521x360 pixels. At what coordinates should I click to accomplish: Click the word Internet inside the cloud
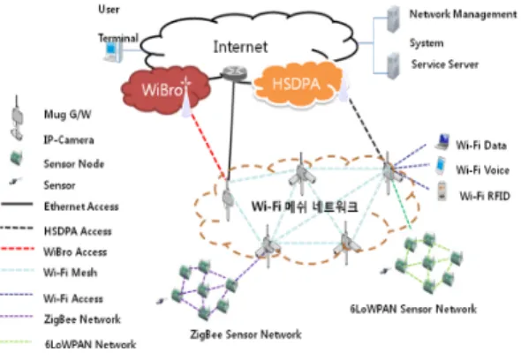(240, 47)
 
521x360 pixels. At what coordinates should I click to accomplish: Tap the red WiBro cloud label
(162, 90)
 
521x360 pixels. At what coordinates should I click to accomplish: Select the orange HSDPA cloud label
(296, 84)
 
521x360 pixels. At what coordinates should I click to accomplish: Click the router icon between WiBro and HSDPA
(234, 72)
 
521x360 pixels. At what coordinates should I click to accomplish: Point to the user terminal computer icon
(113, 53)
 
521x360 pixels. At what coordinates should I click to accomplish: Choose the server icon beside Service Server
(394, 66)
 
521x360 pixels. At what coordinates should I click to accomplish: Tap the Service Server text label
(445, 64)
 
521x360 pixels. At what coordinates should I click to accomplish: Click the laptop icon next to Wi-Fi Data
(442, 142)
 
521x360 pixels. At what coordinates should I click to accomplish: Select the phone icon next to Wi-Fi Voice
(441, 165)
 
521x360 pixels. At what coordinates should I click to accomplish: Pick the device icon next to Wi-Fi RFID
(442, 191)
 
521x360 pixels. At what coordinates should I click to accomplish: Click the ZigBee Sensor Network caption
(245, 334)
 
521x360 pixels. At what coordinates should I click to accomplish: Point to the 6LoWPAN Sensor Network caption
(413, 309)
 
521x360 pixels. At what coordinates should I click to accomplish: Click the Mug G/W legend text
(67, 115)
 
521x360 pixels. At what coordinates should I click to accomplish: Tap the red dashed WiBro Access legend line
(18, 249)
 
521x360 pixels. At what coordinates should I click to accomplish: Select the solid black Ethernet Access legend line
(18, 204)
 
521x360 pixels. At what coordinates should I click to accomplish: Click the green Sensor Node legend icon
(16, 158)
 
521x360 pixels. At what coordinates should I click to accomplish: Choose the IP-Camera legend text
(69, 139)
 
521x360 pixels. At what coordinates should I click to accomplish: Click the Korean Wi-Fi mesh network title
(305, 206)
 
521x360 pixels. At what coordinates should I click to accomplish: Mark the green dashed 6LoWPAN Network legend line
(16, 341)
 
